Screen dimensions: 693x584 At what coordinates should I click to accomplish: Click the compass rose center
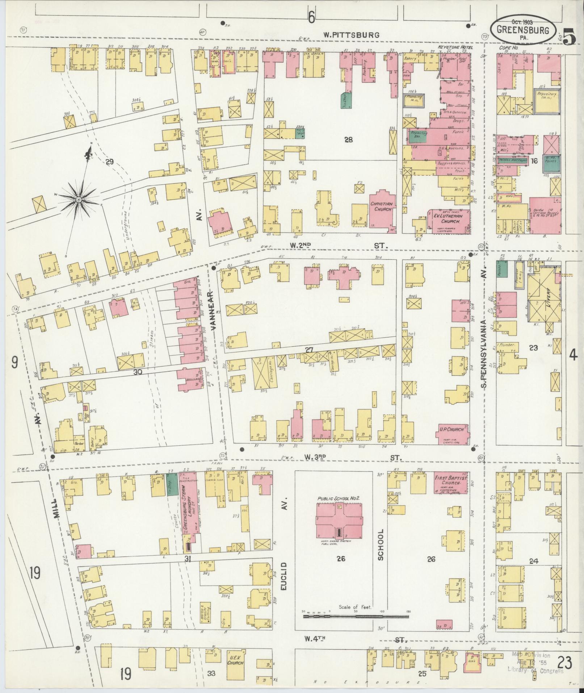(x=79, y=200)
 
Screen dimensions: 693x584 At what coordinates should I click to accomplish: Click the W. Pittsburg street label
(x=351, y=35)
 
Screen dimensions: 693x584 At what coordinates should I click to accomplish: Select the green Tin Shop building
(x=173, y=484)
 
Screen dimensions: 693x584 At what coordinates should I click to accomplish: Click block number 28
(x=348, y=139)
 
